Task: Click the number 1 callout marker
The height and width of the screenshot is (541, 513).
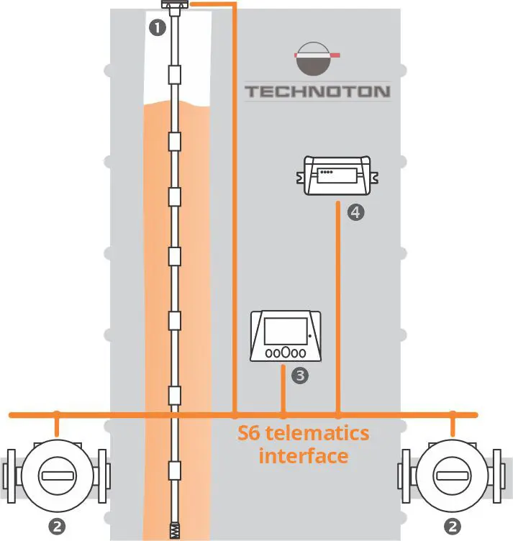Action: click(156, 28)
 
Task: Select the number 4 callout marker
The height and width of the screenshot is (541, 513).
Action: click(355, 212)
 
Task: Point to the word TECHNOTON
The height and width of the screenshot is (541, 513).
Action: click(317, 91)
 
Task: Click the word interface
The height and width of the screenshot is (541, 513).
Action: click(303, 456)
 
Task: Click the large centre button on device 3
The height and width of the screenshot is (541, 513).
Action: click(285, 353)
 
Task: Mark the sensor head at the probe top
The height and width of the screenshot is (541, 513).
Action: click(174, 6)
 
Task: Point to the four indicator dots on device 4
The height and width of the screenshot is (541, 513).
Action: click(327, 173)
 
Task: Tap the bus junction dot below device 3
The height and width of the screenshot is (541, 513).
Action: click(284, 415)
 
